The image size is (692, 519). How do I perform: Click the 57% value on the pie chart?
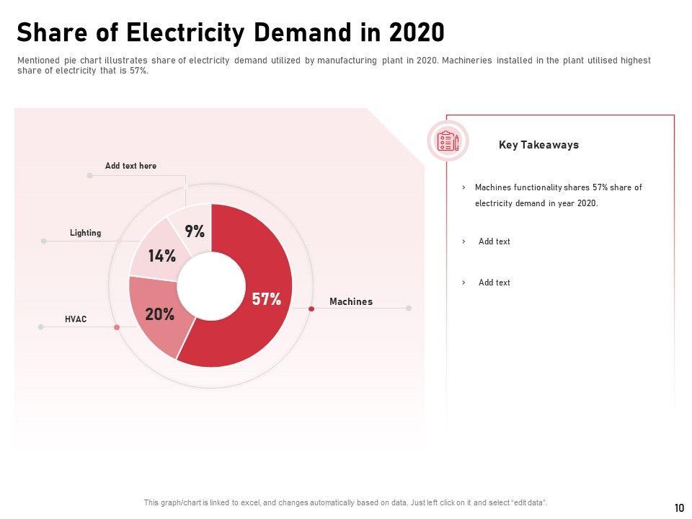pos(266,300)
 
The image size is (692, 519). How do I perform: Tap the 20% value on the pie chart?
pos(159,314)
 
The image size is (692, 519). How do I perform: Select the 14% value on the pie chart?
pos(162,256)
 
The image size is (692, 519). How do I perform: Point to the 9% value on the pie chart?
pos(195,231)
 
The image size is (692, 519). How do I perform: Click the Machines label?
pos(351,301)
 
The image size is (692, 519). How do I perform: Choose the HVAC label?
pos(76,319)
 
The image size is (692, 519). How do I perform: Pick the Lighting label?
pos(85,233)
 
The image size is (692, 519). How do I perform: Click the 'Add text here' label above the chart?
pos(130,166)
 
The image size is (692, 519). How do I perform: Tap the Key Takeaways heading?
pos(538,145)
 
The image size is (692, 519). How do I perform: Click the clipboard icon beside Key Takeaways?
pos(448,141)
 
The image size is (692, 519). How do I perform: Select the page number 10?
pos(679,508)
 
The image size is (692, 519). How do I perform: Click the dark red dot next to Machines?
pos(311,309)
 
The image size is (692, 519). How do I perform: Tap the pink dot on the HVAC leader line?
pos(117,327)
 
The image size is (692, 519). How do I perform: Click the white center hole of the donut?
pos(211,285)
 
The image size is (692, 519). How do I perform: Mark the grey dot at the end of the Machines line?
pos(409,308)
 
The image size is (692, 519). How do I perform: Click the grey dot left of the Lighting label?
pos(44,241)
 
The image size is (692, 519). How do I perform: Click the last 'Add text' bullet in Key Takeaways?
pos(494,283)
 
